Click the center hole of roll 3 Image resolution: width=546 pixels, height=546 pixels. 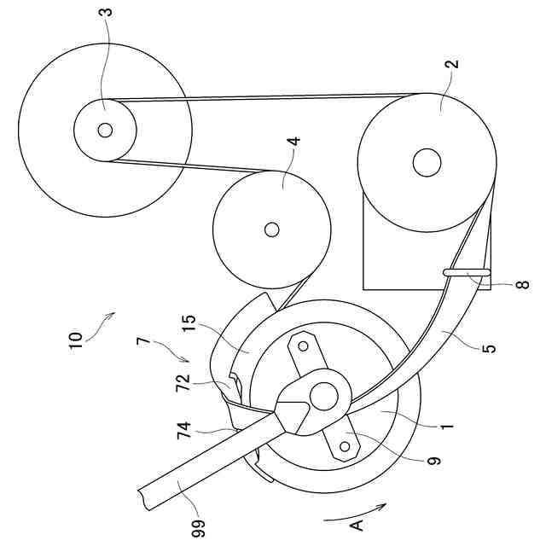[104, 130]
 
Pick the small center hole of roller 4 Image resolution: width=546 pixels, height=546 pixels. [271, 229]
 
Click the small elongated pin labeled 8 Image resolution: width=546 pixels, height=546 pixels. [466, 272]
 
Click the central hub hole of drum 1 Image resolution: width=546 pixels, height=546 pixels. [323, 395]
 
